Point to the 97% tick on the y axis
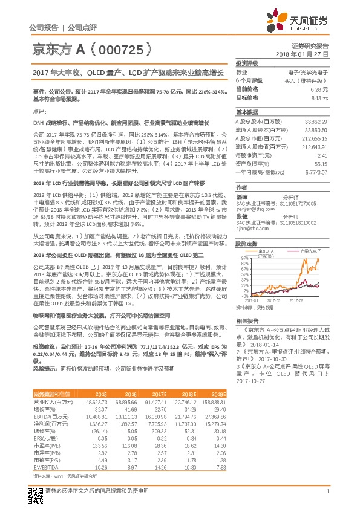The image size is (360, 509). [x=243, y=258]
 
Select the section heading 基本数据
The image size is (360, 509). [x=247, y=112]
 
